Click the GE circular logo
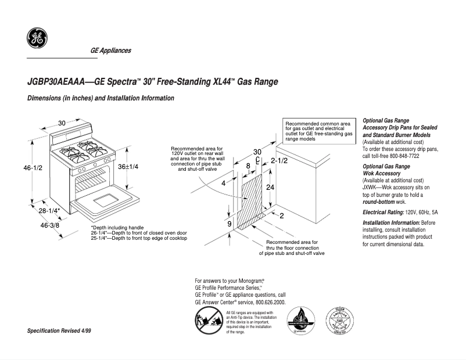point(37,38)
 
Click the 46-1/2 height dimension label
point(34,168)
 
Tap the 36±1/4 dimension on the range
point(128,167)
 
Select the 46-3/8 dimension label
point(50,225)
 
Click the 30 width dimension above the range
point(62,123)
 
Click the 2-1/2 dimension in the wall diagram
point(279,160)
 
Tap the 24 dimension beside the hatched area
point(270,188)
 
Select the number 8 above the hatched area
point(248,166)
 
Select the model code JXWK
point(372,188)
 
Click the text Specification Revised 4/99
point(59,330)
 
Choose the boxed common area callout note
point(319,131)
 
